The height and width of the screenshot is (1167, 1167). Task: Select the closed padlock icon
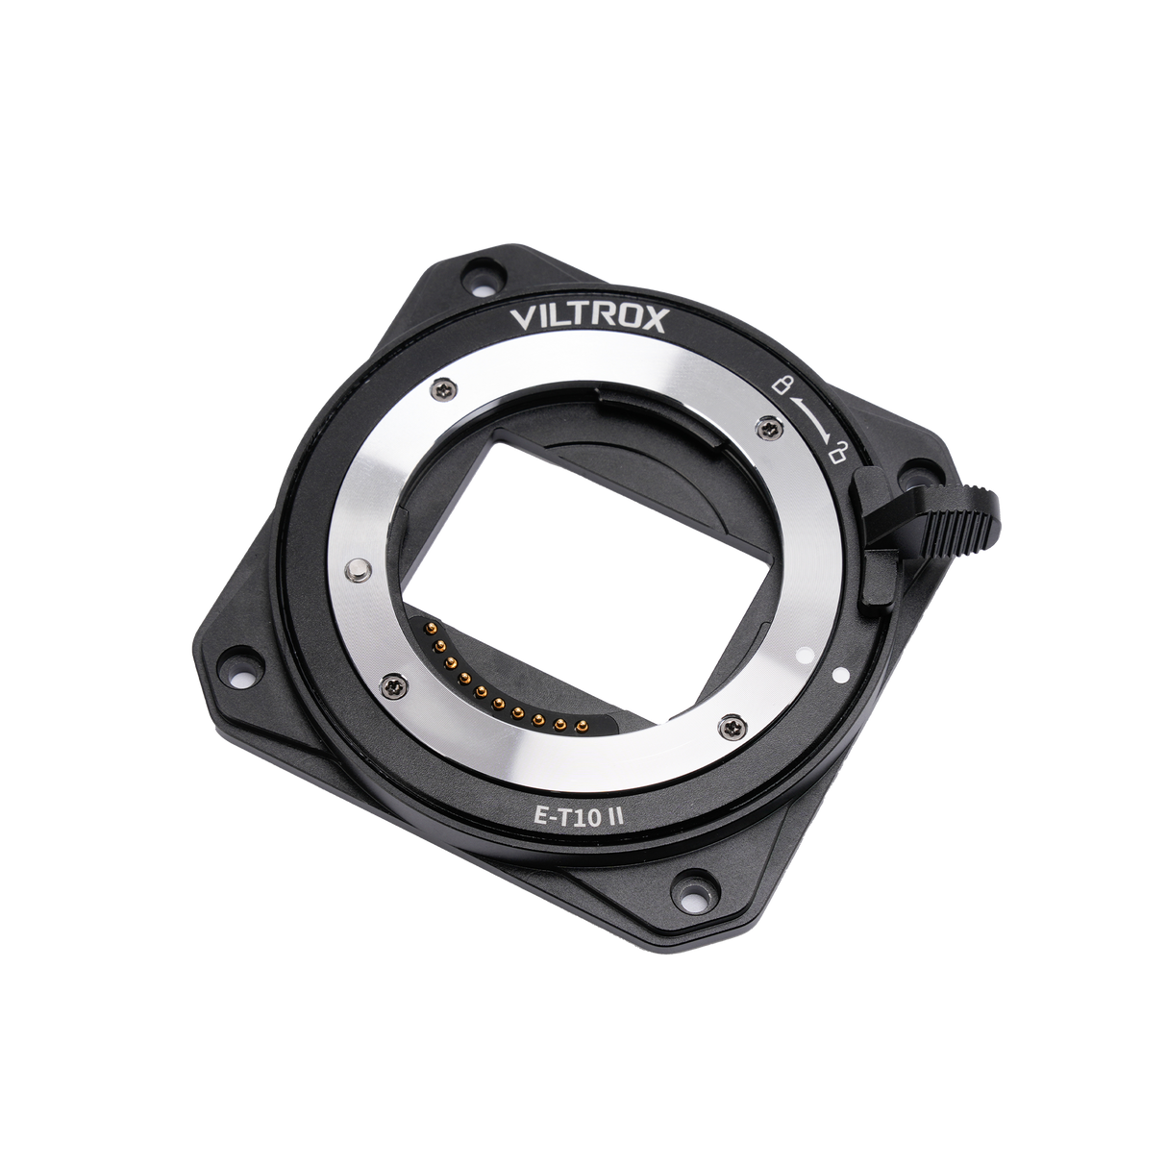783,387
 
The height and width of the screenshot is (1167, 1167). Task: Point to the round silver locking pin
359,571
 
